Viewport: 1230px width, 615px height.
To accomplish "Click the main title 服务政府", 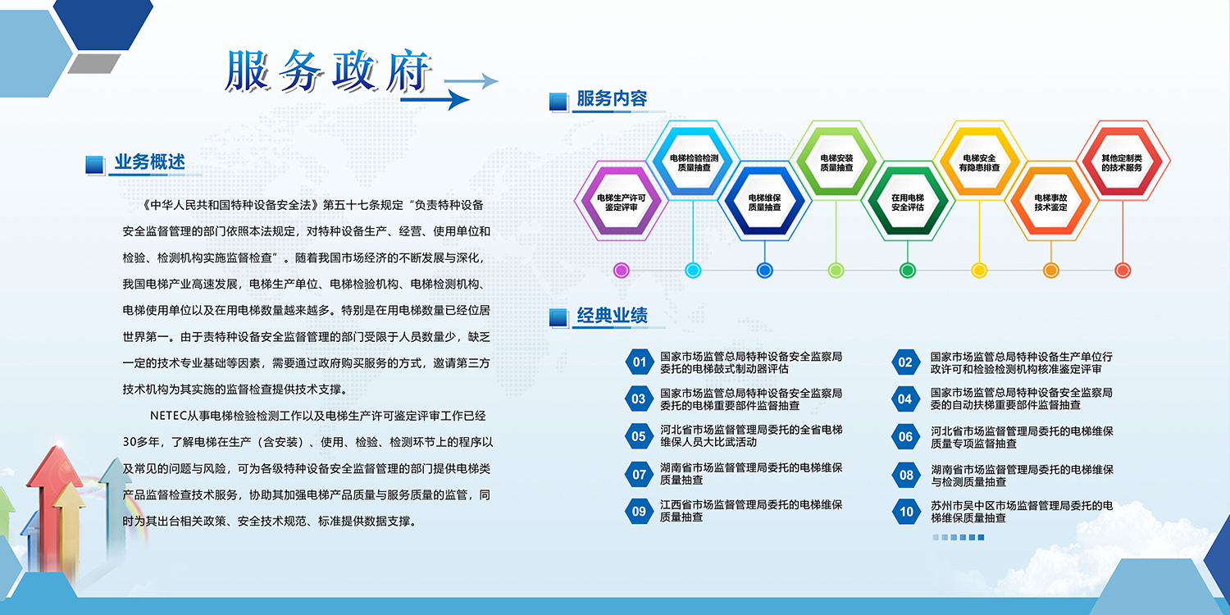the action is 328,71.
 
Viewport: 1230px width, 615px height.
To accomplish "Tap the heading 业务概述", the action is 149,162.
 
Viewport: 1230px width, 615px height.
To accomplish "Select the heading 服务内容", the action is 612,99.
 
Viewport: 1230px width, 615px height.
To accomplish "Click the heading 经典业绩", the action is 612,316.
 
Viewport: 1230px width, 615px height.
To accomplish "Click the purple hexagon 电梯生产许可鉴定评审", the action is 621,202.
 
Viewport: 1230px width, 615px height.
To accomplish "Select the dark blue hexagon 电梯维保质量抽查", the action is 764,202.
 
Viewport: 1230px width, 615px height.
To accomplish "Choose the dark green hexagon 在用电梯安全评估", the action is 908,202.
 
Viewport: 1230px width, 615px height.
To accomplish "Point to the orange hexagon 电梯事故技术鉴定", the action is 1051,202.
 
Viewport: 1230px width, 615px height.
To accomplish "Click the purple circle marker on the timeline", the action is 621,270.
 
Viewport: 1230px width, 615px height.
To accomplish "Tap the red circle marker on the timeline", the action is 1123,270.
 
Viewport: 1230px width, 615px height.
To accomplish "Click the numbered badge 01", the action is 639,362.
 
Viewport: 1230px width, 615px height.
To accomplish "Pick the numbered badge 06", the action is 906,437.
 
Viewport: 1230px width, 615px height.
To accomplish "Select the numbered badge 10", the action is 906,512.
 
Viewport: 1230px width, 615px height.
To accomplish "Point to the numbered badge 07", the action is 639,475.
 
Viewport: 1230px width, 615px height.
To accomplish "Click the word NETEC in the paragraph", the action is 168,416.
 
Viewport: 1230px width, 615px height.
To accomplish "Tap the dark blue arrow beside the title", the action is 435,100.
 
